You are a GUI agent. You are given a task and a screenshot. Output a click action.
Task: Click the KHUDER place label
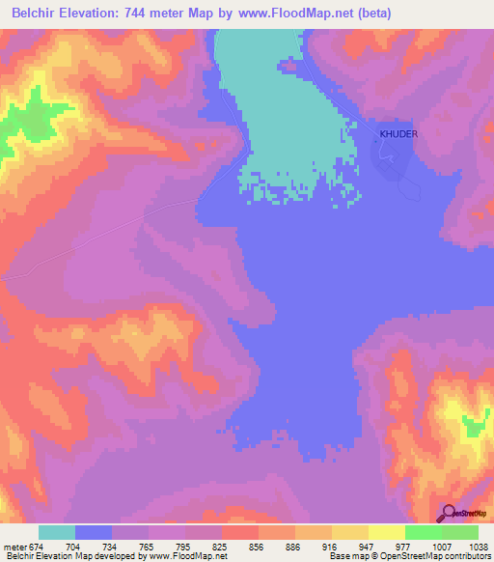click(x=398, y=134)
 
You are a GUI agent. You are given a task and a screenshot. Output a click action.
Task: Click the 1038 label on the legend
click(x=480, y=545)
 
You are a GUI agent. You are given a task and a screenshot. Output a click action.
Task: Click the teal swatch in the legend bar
click(x=57, y=532)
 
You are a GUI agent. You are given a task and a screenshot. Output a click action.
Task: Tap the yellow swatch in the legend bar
click(x=386, y=532)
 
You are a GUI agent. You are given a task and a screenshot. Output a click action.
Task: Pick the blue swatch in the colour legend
click(x=94, y=532)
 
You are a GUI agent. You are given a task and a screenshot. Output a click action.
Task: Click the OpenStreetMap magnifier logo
click(x=447, y=514)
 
